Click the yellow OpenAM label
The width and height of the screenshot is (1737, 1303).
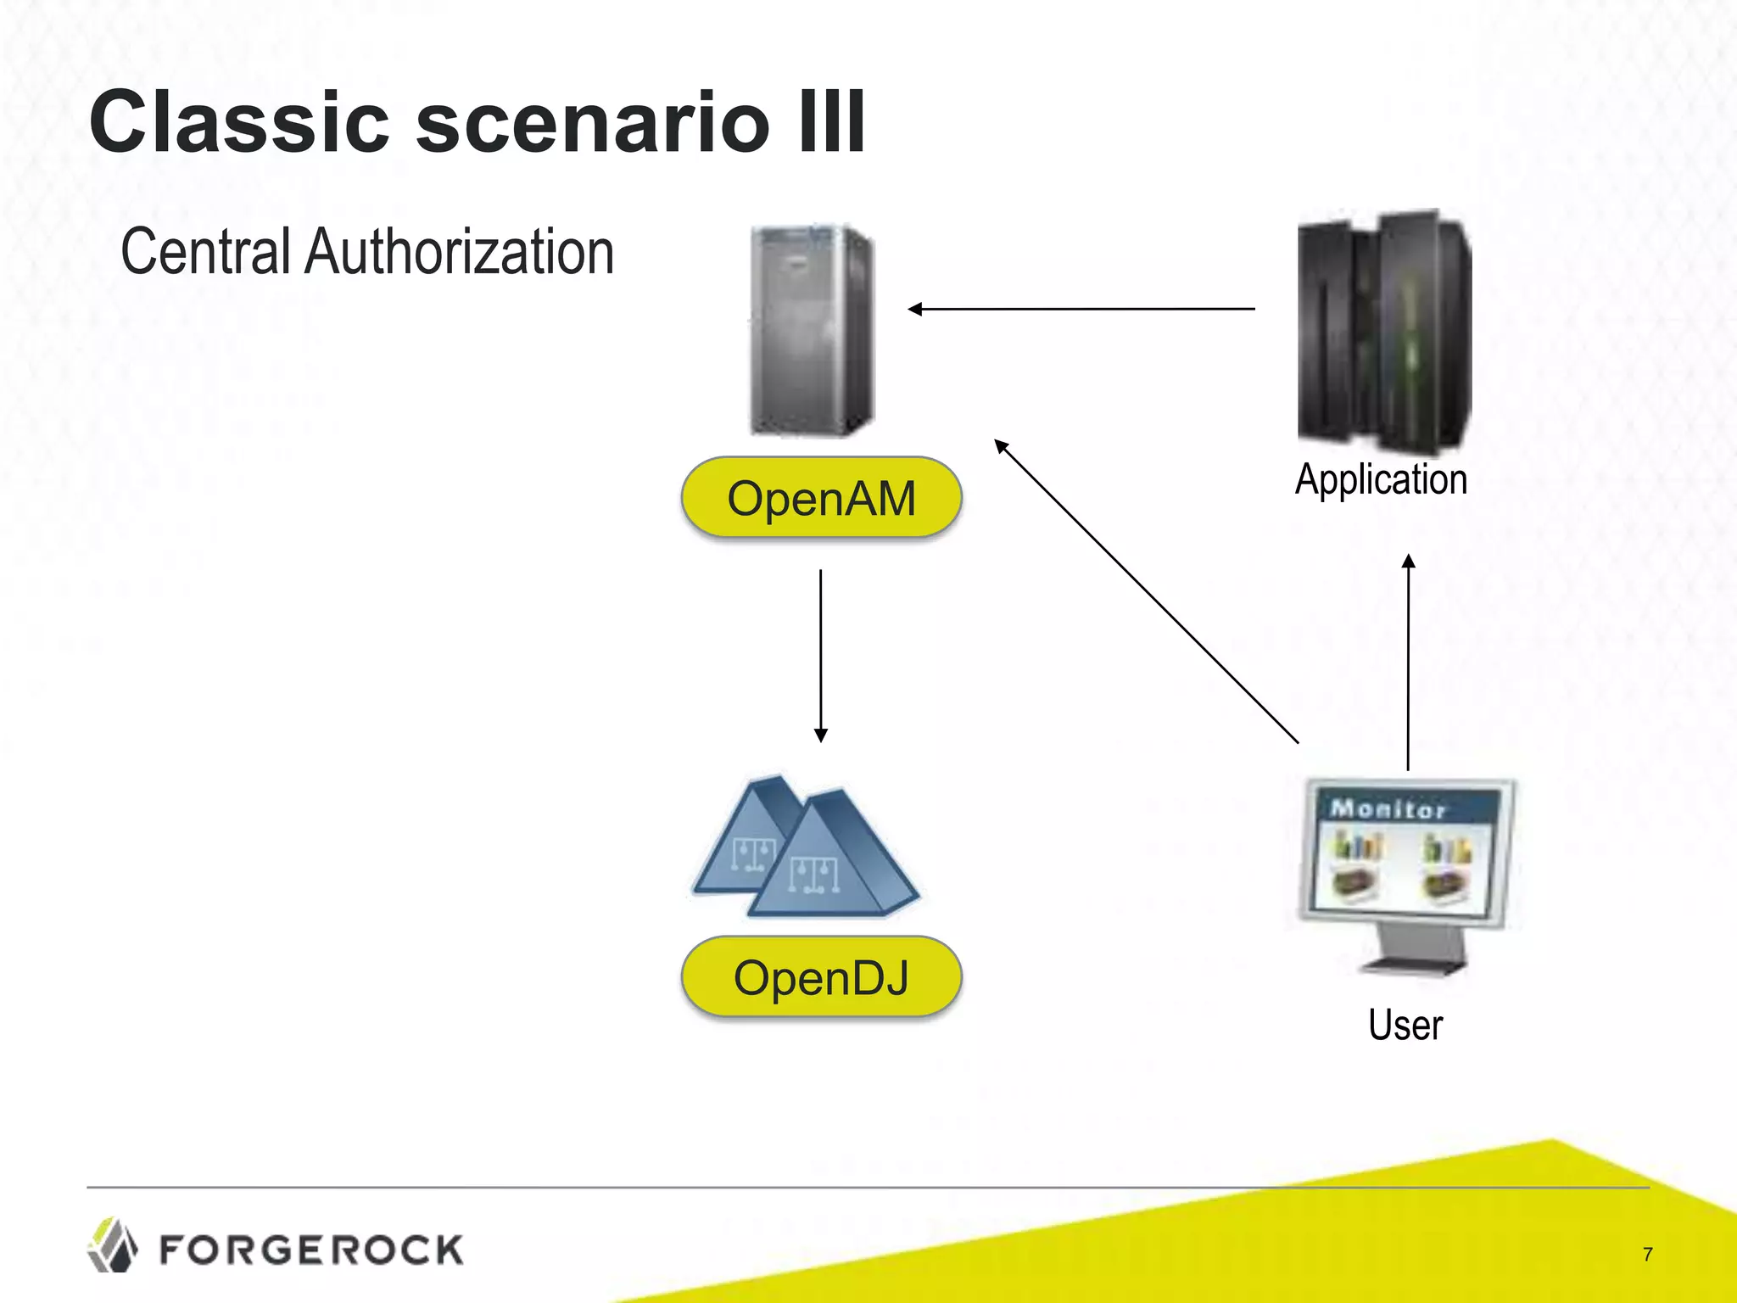tap(821, 498)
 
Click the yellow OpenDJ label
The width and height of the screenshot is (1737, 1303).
tap(821, 977)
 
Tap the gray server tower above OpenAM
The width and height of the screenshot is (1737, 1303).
tap(812, 331)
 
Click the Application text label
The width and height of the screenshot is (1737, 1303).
tap(1381, 479)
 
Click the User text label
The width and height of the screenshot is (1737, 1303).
tap(1405, 1025)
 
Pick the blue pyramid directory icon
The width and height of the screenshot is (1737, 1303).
tap(806, 848)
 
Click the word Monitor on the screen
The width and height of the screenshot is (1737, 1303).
tap(1388, 808)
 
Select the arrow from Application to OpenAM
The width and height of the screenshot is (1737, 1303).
tap(1081, 309)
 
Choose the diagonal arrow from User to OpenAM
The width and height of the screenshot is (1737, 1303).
tap(1145, 590)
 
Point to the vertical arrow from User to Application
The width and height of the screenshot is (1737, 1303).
tap(1408, 662)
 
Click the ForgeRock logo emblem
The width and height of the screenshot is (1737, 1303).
tap(112, 1245)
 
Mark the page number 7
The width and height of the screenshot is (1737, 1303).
tap(1647, 1254)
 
